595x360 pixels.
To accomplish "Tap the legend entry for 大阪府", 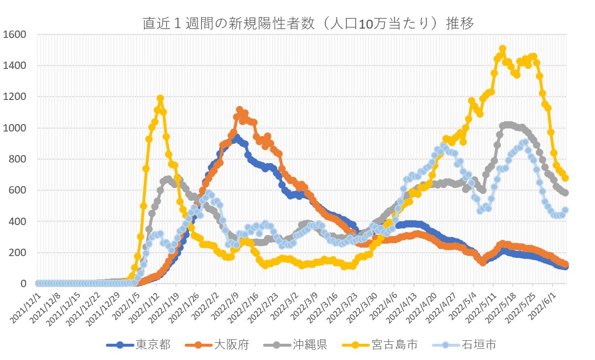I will [x=231, y=345].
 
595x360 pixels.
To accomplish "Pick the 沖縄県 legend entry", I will [x=310, y=345].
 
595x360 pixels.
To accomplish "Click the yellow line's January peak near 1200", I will [x=160, y=98].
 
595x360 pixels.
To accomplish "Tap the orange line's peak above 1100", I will [x=239, y=110].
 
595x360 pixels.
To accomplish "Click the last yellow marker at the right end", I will [x=565, y=178].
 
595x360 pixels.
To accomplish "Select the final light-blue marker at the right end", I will [x=565, y=210].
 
